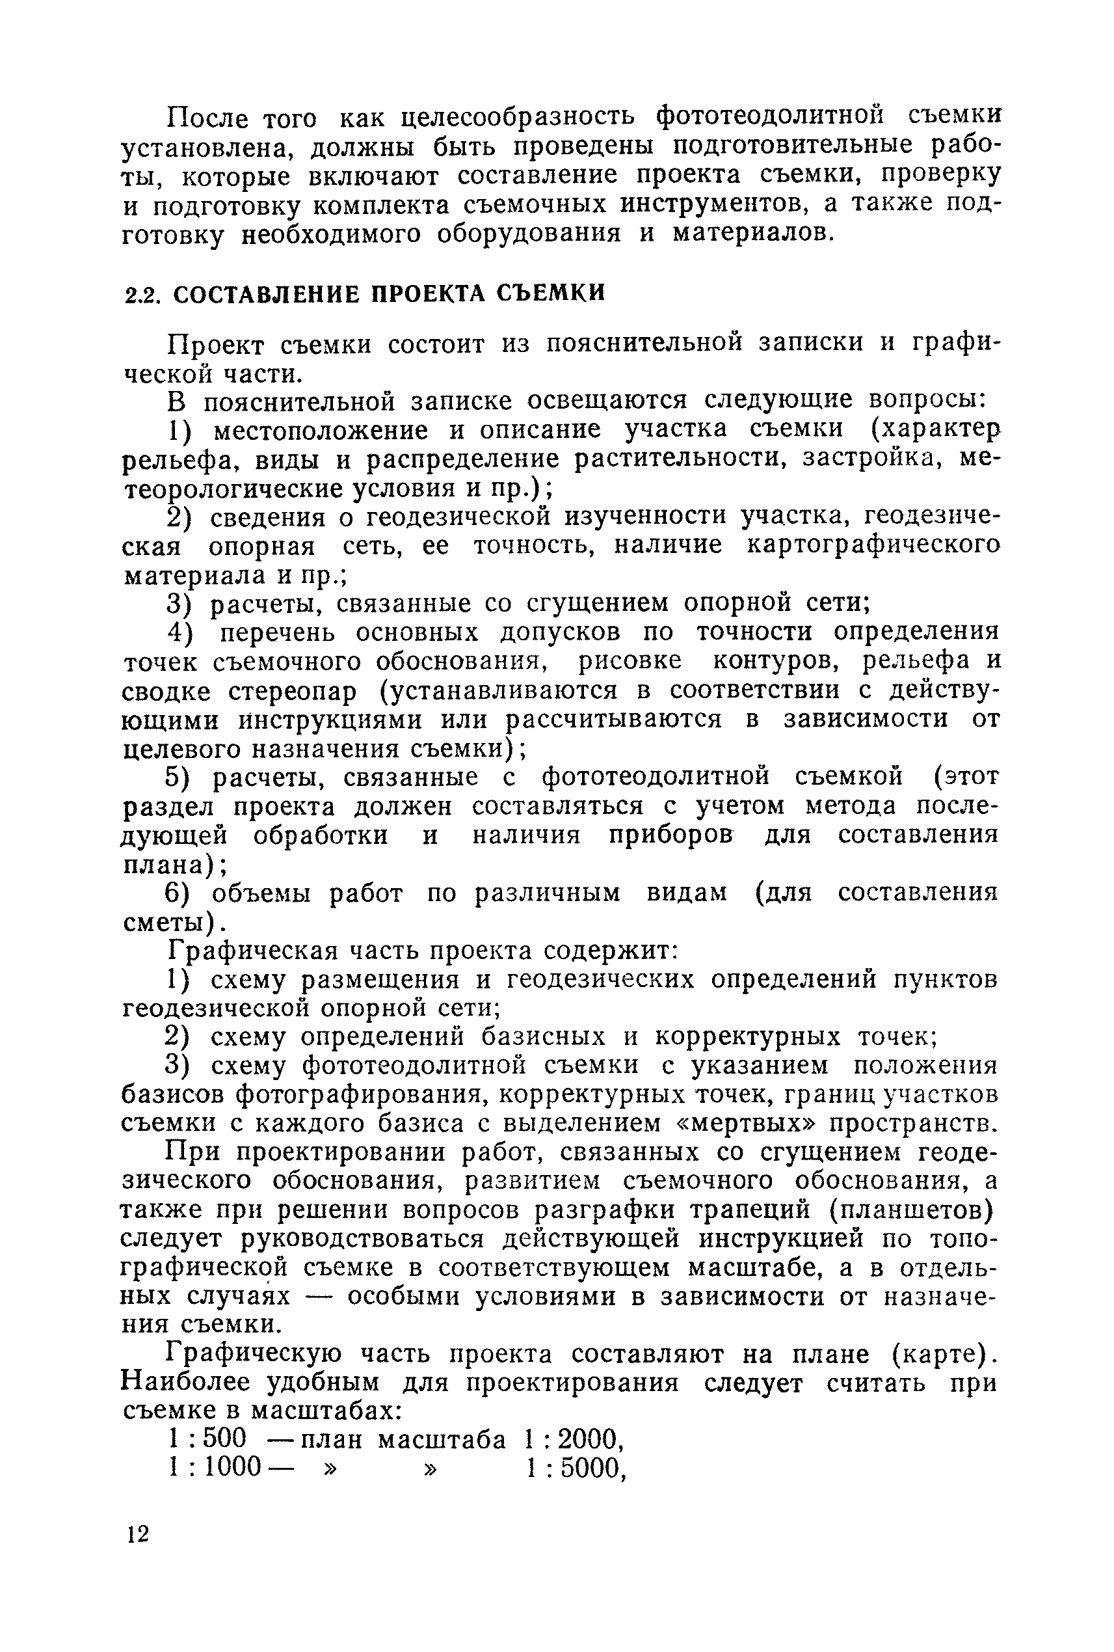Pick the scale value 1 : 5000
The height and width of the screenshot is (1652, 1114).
click(576, 1469)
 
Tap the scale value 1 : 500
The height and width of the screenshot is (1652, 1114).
click(207, 1439)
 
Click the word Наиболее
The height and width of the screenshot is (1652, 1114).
click(185, 1383)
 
